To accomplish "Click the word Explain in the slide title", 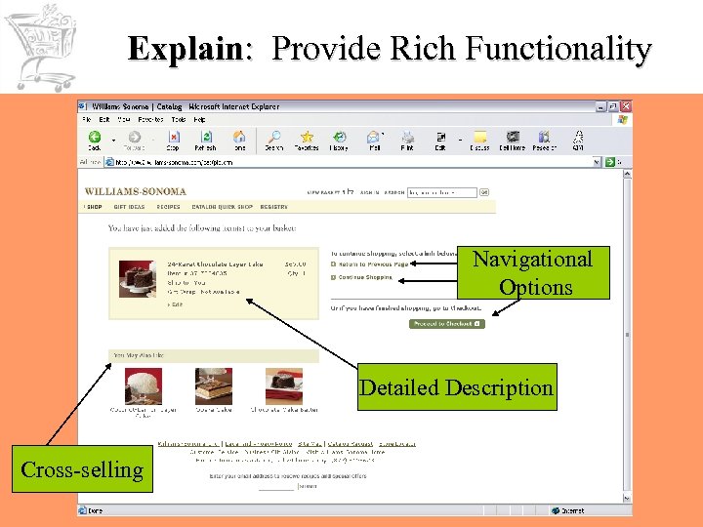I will [186, 48].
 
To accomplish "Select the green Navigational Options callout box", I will [532, 272].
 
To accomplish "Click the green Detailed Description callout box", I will [456, 387].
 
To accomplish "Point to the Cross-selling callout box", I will [82, 469].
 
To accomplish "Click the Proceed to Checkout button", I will [447, 323].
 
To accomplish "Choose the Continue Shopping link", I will [365, 277].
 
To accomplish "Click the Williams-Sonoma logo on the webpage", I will [136, 191].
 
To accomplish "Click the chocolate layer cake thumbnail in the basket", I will [137, 279].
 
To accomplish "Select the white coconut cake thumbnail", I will [144, 386].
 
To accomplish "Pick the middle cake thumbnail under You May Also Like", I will [214, 386].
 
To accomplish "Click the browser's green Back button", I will [95, 140].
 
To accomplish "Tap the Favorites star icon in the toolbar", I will [307, 140].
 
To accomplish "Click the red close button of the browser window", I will [625, 106].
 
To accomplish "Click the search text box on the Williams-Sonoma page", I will [441, 192].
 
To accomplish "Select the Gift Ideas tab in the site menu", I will [129, 207].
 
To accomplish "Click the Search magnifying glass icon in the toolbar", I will [274, 140].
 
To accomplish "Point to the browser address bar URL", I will [176, 163].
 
